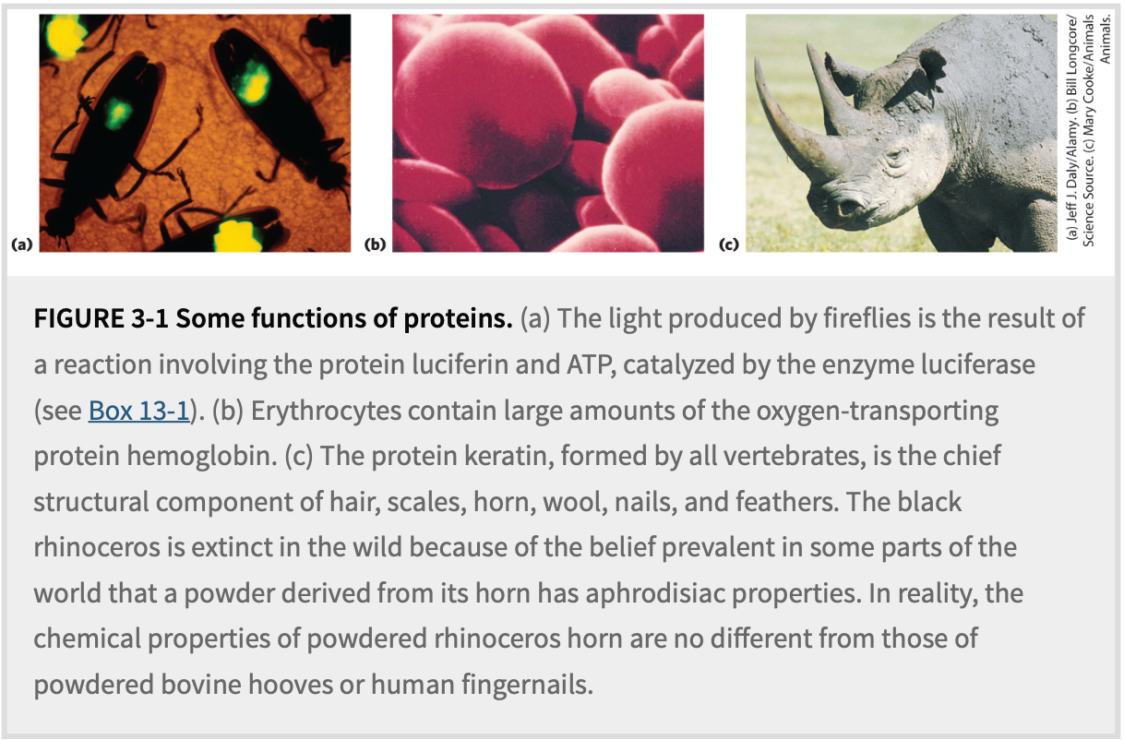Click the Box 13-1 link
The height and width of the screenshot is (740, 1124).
coord(139,411)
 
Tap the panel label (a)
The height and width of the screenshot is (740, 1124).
coord(22,245)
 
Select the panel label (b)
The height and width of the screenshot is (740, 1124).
coord(375,245)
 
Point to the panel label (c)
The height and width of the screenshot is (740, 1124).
coord(729,245)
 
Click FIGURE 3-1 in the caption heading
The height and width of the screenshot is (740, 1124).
coord(101,318)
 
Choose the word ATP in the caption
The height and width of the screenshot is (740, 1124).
coord(591,364)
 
